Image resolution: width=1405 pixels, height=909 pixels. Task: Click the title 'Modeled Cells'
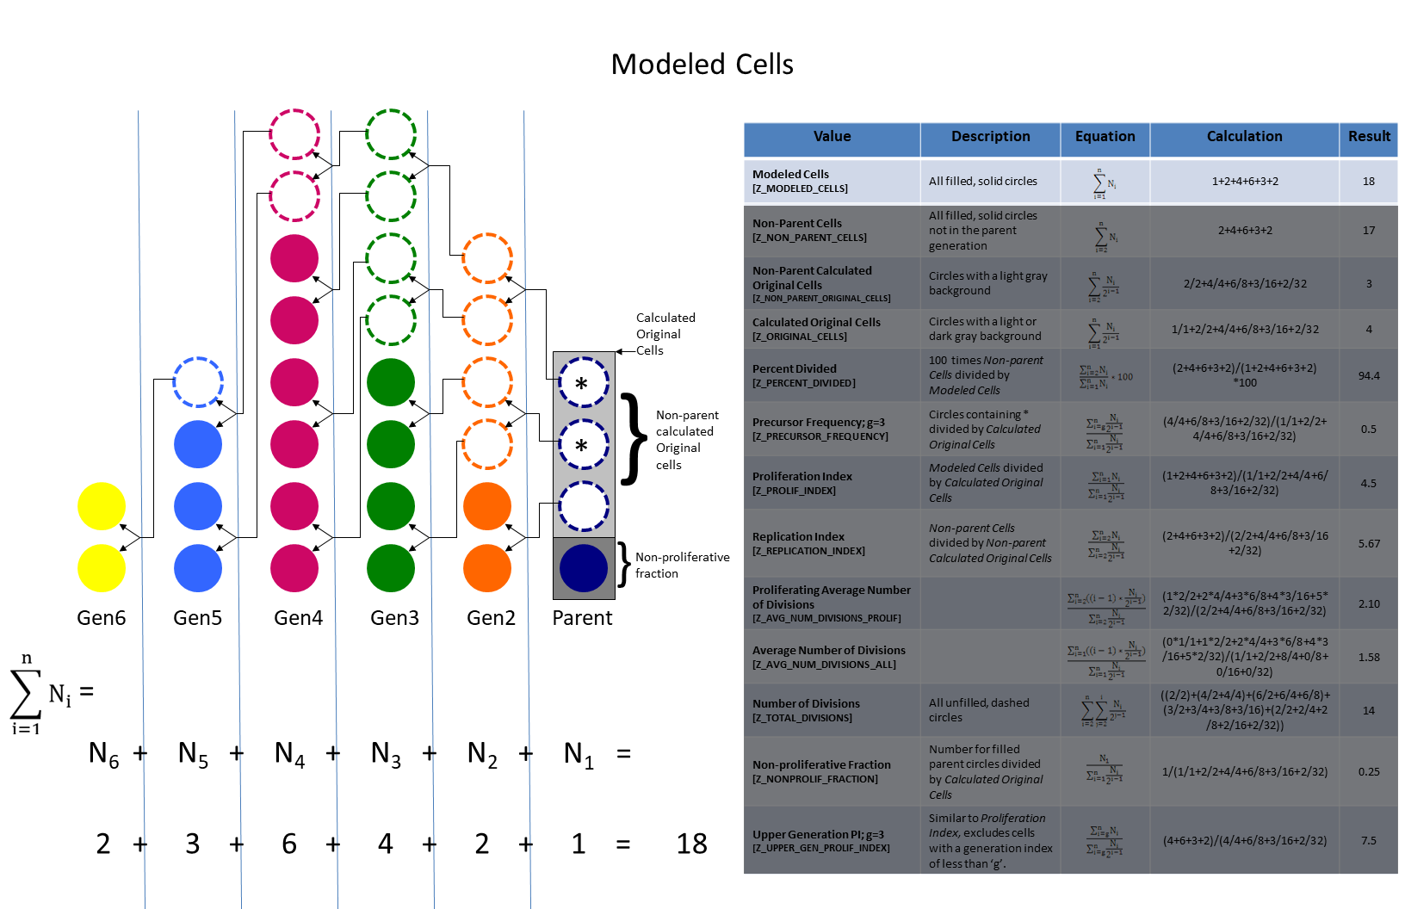coord(702,65)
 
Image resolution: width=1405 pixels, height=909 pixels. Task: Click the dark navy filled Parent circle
coord(583,568)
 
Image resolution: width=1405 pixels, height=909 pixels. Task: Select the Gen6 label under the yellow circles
coord(102,618)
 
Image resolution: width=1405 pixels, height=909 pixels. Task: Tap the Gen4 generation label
coord(298,618)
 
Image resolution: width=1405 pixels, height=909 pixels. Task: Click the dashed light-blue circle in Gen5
coord(198,382)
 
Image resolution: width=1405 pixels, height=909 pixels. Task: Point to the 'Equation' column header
coord(1105,137)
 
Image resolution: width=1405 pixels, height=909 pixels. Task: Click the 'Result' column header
coord(1369,137)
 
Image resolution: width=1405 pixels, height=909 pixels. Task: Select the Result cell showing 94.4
coord(1369,375)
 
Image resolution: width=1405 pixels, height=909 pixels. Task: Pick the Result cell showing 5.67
coord(1369,543)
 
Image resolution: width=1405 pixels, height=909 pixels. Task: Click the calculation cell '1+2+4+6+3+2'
coord(1245,182)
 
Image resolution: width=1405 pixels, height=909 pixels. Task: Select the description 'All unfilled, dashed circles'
coord(979,709)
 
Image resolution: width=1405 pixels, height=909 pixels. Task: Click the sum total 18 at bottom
coord(691,844)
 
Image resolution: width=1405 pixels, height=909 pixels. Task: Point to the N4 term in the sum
coord(289,754)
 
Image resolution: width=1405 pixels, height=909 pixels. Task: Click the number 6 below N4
coord(289,844)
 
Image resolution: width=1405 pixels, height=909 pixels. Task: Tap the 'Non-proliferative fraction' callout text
coord(682,565)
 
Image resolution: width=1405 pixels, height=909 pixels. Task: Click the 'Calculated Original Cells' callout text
coord(665,334)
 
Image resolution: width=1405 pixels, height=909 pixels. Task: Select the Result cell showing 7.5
coord(1369,840)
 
